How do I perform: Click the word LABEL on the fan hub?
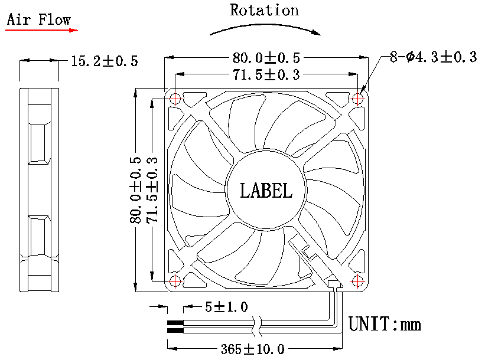point(266,191)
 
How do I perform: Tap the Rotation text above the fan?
point(264,10)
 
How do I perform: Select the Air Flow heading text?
point(38,19)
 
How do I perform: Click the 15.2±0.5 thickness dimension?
point(104,61)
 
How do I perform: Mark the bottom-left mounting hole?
point(175,280)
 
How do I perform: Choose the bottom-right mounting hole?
point(357,280)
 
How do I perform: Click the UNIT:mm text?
point(385,324)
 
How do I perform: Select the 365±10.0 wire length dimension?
point(253,349)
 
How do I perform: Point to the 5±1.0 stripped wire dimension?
point(226,307)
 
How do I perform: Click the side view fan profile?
point(39,190)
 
